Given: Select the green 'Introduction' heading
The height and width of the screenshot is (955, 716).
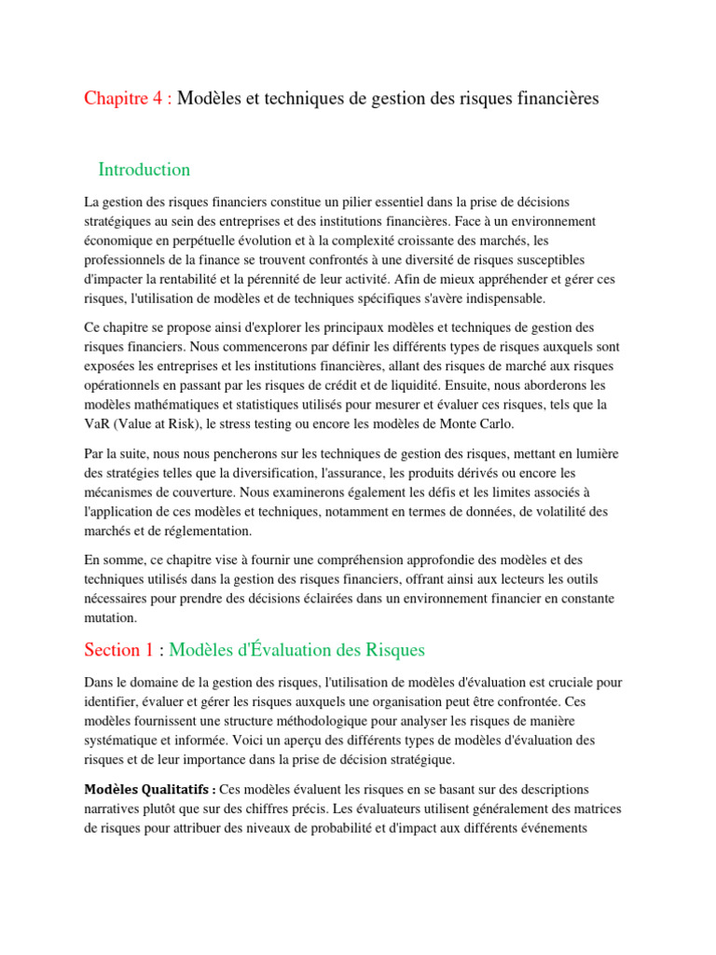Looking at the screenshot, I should click(144, 169).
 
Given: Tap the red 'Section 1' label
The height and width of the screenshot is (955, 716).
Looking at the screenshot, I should click(118, 649).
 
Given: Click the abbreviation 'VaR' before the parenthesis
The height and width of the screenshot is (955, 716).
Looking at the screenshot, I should click(98, 423).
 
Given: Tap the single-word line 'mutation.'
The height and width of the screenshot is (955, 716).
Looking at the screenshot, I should click(110, 617).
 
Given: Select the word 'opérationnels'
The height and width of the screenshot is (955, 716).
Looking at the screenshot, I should click(127, 384).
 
